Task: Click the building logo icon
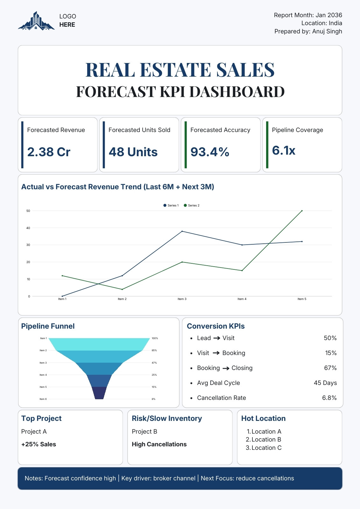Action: coord(36,21)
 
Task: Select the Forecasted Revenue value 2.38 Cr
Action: coord(49,152)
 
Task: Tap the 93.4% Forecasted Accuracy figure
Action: coord(210,152)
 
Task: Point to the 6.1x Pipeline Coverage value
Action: coord(284,150)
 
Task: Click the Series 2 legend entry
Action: coord(192,206)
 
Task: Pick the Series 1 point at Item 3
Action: coord(182,231)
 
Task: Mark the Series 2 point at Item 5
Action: coord(302,211)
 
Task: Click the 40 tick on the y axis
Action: coord(28,228)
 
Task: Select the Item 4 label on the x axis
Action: coord(242,299)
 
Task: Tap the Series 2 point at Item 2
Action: coord(122,289)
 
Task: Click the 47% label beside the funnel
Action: coord(154,363)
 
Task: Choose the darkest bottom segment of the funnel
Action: coord(99,393)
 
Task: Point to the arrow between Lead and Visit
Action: coord(217,338)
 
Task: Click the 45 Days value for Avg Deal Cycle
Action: coord(325,383)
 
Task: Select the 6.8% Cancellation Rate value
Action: coord(329,398)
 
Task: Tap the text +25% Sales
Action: coord(39,444)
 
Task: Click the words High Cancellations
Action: coord(159,444)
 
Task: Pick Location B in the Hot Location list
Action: coord(266,439)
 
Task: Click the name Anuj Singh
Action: coord(327,31)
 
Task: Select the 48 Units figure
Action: coord(133,152)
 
